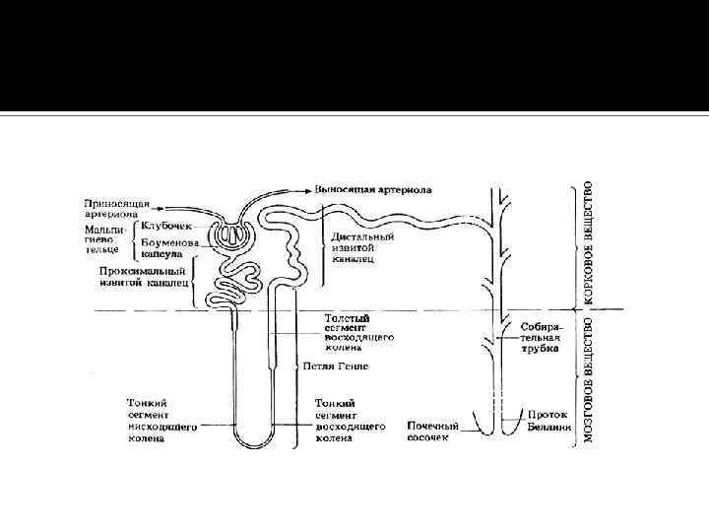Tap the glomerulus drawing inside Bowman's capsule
pos(236,236)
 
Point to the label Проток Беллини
pos(548,420)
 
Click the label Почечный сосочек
pos(433,432)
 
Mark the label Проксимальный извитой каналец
pos(144,276)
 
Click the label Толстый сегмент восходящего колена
pos(359,330)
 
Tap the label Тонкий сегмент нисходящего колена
pos(163,421)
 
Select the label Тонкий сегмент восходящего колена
pos(348,421)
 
